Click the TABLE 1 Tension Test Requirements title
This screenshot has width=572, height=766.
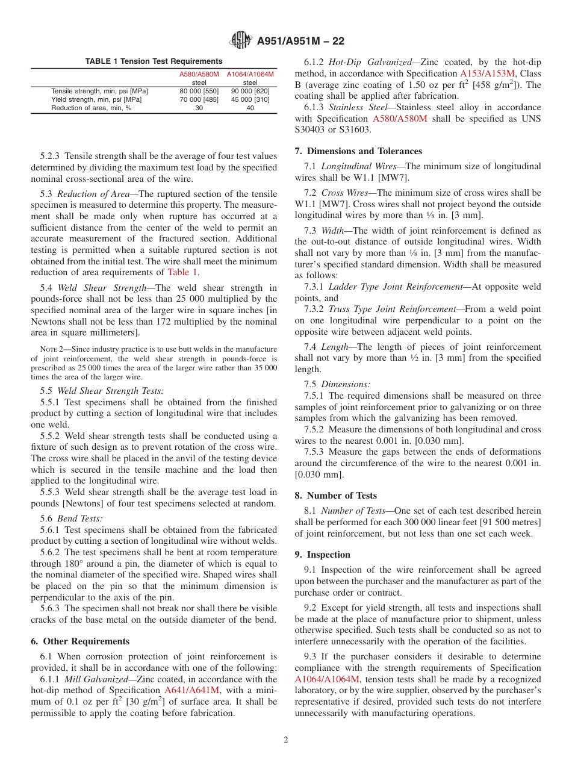154,61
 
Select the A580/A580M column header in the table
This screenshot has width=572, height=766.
199,74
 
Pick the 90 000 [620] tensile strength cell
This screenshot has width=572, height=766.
250,91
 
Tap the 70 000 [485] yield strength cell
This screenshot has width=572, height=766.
199,99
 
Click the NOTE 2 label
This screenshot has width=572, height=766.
48,349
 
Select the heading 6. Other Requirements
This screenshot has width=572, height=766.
80,641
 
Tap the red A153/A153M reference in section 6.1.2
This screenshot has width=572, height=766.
488,73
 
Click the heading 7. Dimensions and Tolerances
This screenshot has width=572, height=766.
358,151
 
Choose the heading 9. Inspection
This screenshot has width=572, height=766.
322,555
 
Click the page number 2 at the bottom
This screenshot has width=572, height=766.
285,740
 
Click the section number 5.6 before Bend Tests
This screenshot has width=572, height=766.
46,518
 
